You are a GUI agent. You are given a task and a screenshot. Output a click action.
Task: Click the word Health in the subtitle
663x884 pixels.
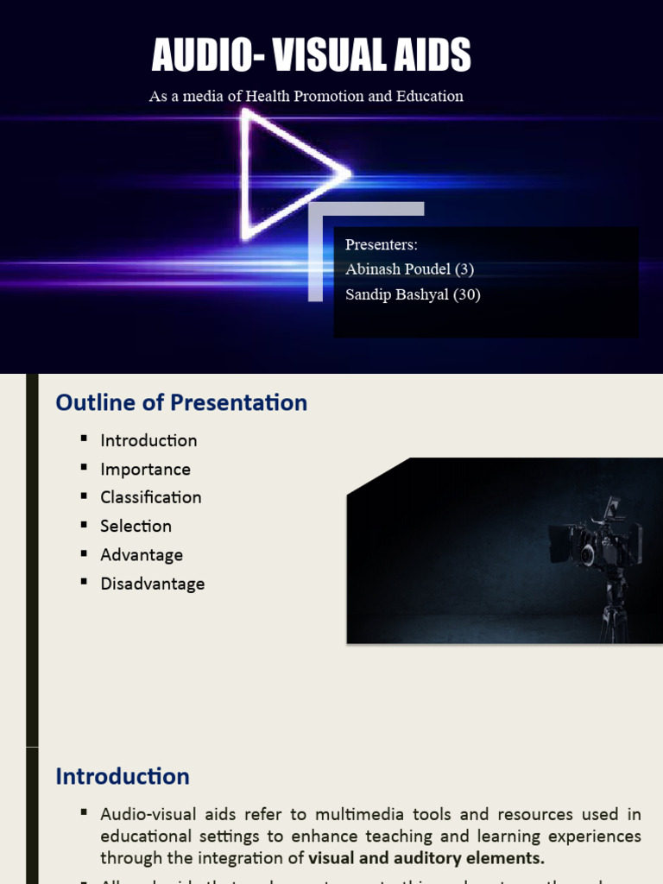(268, 96)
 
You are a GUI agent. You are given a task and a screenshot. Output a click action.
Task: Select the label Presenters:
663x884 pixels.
(381, 244)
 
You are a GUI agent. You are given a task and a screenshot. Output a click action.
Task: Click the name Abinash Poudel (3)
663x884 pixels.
(409, 268)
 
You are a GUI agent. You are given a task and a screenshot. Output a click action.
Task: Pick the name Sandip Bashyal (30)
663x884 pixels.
(413, 294)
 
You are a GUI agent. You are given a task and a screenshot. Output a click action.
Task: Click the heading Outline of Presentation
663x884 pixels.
(181, 402)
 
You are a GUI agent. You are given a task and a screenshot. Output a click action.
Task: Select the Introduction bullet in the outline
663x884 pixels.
(148, 440)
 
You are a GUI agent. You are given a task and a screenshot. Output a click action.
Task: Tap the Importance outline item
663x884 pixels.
(145, 469)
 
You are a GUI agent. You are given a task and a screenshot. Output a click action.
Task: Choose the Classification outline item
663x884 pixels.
(150, 497)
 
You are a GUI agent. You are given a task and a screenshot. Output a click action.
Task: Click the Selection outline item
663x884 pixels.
(136, 526)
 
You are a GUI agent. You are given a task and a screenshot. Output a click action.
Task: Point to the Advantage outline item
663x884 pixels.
(142, 554)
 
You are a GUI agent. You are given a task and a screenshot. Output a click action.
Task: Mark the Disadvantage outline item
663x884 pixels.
(152, 584)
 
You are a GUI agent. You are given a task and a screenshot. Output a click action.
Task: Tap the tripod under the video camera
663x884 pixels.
(614, 609)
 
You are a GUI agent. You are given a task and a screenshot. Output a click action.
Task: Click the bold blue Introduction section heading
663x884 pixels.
(123, 776)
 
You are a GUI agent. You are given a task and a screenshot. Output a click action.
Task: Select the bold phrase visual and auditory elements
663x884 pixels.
(426, 857)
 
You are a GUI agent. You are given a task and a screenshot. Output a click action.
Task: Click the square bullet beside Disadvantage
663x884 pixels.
(84, 582)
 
